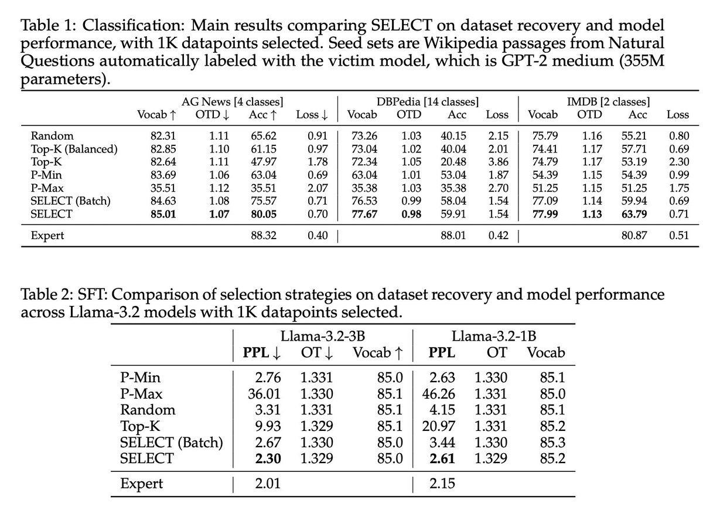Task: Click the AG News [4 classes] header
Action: coord(232,102)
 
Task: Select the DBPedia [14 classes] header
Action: coord(428,102)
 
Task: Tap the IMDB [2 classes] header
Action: coord(608,102)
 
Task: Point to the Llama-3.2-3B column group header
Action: coord(323,336)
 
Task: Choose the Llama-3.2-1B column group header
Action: coord(494,336)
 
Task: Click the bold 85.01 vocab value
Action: coord(163,214)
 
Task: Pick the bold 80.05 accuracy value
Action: coord(264,214)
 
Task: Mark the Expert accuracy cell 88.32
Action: coord(264,236)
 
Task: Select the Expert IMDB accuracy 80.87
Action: coord(634,236)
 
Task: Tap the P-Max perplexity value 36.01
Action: coord(264,394)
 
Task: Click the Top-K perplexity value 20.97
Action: coord(438,426)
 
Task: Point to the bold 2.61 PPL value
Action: coord(442,458)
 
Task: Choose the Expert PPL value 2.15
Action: coord(442,483)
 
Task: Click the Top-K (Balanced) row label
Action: coord(74,149)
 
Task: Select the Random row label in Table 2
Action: coord(148,410)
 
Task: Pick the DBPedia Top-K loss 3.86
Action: coord(498,162)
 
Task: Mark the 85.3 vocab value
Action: coord(552,443)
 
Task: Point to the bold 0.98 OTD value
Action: coord(411,214)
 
